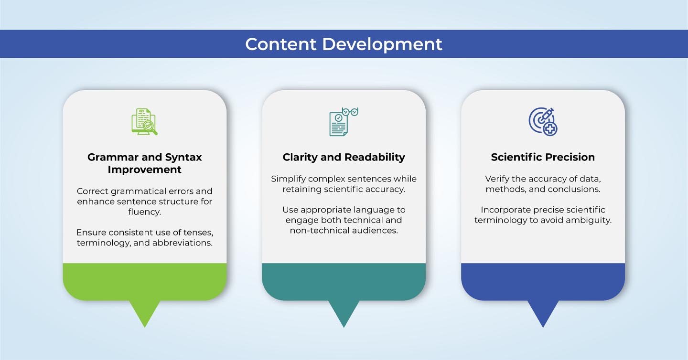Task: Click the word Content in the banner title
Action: click(281, 44)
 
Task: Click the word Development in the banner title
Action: click(382, 45)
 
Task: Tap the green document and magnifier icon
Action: click(144, 122)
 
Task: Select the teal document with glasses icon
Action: click(344, 122)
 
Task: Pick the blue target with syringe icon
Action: click(543, 122)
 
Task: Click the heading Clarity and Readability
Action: click(344, 157)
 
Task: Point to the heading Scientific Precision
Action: click(543, 157)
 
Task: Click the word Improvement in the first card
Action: click(144, 169)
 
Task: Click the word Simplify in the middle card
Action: click(288, 179)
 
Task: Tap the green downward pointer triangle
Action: click(145, 314)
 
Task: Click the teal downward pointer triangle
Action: click(344, 314)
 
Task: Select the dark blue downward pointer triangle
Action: click(543, 314)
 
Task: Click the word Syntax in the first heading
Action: click(183, 158)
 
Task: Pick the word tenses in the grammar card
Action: click(199, 233)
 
